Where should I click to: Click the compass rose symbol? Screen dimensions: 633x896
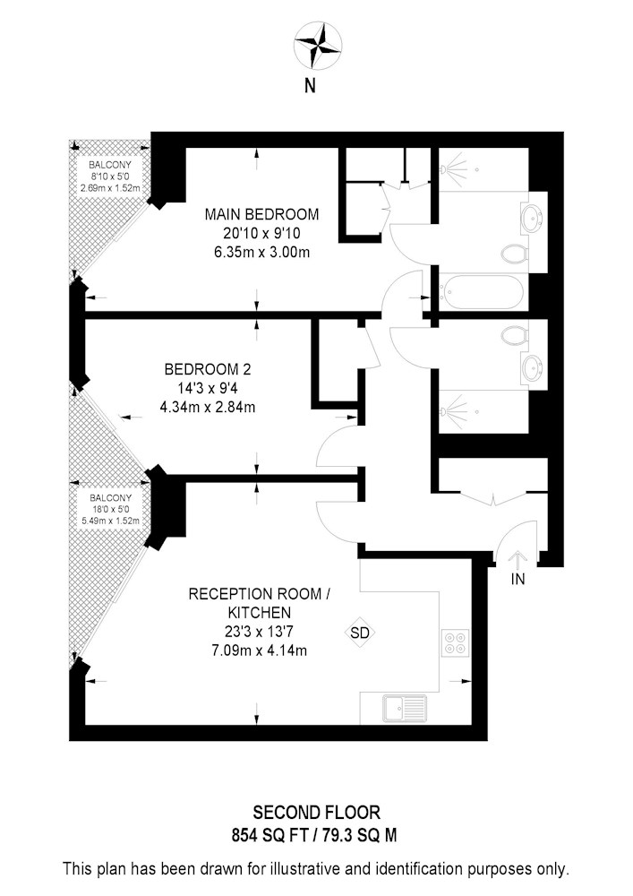click(x=317, y=45)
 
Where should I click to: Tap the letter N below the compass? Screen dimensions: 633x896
click(x=310, y=86)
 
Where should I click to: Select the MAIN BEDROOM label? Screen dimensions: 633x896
click(x=262, y=214)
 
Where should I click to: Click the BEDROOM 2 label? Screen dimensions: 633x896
click(x=208, y=369)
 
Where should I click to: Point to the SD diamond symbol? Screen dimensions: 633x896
click(x=360, y=633)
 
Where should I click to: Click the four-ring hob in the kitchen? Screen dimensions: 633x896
click(x=456, y=642)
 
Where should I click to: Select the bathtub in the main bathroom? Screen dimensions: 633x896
click(x=481, y=292)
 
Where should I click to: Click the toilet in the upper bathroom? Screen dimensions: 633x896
click(x=515, y=254)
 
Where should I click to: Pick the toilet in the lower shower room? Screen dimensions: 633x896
click(x=515, y=335)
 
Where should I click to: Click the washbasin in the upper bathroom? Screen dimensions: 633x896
click(x=533, y=218)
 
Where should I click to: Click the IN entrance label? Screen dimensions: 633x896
click(x=518, y=580)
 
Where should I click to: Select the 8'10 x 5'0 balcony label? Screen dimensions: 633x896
click(x=109, y=177)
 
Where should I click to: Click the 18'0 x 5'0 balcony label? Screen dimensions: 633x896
click(x=109, y=510)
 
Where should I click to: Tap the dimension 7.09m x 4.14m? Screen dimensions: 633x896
click(x=259, y=650)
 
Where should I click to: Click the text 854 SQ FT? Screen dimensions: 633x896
click(x=264, y=836)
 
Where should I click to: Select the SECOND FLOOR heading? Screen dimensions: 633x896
click(x=316, y=813)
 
